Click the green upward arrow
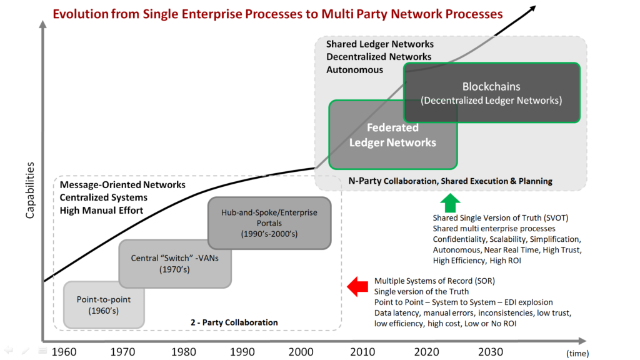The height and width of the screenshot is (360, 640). click(x=450, y=203)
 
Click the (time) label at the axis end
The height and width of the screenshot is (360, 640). click(x=578, y=353)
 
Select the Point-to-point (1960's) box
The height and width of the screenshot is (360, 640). click(x=103, y=304)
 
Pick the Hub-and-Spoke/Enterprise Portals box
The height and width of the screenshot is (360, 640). click(x=269, y=222)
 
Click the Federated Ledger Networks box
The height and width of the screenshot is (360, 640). click(x=392, y=135)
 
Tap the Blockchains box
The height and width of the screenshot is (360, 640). click(x=491, y=92)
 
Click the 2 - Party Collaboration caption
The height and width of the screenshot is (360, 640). click(x=234, y=322)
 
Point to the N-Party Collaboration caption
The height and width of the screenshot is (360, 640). click(x=450, y=181)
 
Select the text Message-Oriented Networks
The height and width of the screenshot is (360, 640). click(x=122, y=185)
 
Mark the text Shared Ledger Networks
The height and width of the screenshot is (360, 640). click(x=380, y=44)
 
